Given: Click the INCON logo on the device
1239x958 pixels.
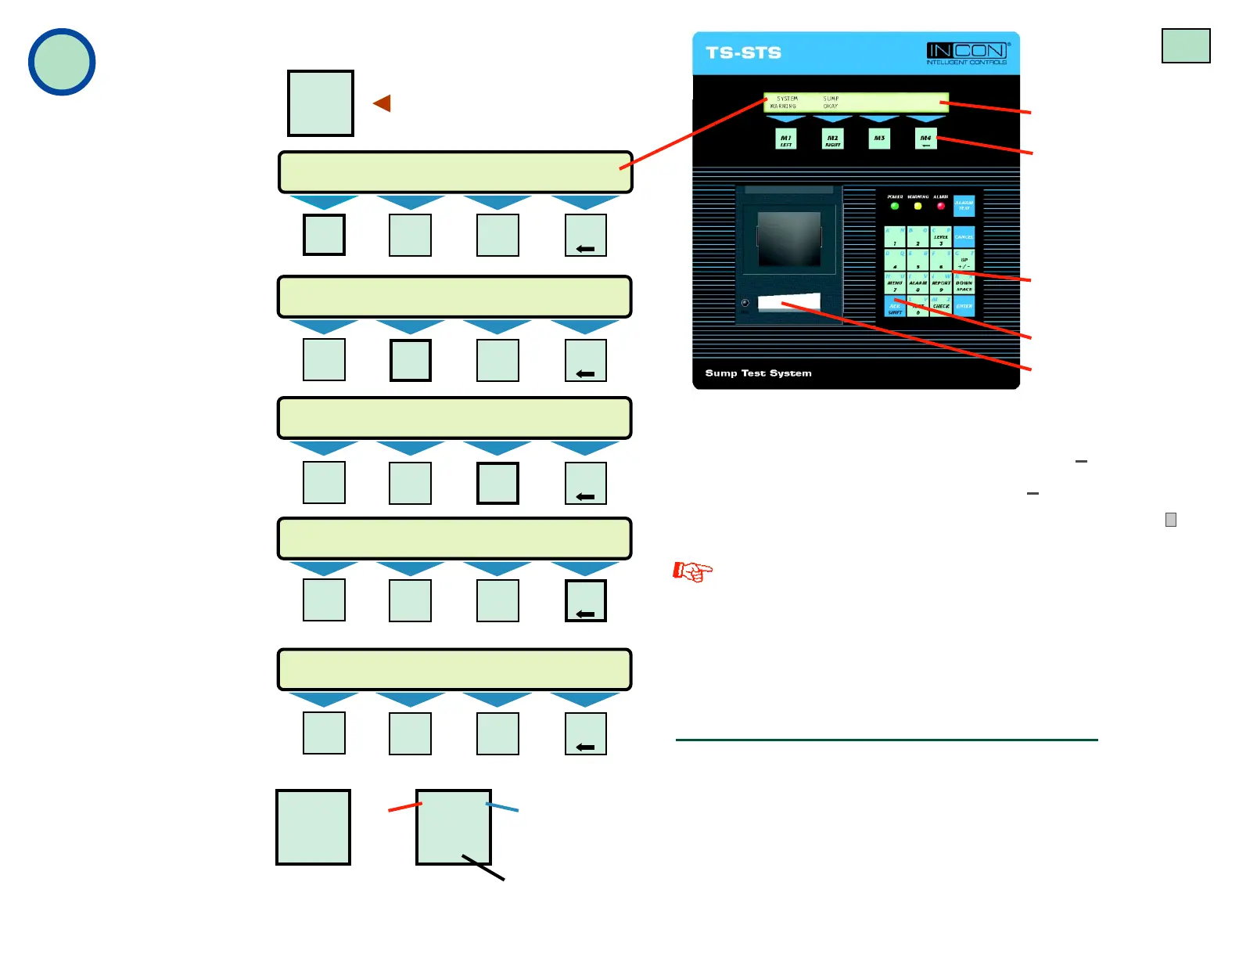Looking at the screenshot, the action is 968,52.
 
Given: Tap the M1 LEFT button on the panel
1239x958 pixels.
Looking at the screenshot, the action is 786,139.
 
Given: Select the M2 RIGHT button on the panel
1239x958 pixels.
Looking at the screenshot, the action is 833,139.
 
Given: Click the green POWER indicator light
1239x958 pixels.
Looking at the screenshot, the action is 895,206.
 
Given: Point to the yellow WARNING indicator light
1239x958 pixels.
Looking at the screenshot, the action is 918,206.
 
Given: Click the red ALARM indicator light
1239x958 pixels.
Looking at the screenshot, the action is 941,206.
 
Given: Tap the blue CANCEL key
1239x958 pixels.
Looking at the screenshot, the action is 964,236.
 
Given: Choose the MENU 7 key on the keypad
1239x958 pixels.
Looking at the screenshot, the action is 895,284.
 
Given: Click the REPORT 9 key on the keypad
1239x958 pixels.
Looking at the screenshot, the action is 941,284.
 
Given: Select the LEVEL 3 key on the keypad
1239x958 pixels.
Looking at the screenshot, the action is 941,237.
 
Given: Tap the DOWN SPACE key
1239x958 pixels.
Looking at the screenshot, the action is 964,284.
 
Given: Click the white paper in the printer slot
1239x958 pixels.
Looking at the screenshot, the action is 789,303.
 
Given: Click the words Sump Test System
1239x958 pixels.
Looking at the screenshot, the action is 758,373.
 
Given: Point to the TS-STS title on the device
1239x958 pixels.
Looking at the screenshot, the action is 743,52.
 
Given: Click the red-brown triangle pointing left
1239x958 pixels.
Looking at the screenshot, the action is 382,103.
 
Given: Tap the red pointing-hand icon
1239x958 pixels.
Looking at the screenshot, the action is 693,571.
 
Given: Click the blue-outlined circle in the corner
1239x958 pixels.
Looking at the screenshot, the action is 62,62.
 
